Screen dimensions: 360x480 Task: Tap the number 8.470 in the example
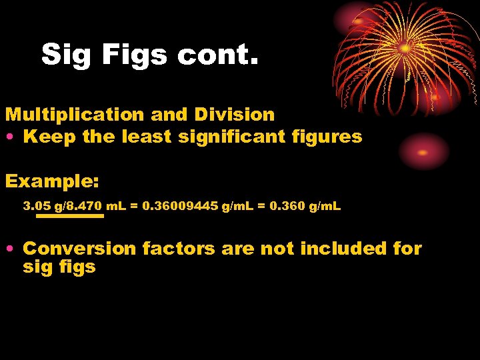(x=85, y=207)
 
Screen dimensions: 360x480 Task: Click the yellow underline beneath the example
(x=70, y=216)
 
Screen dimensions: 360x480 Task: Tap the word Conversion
(x=79, y=249)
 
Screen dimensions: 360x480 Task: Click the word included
(x=343, y=249)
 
